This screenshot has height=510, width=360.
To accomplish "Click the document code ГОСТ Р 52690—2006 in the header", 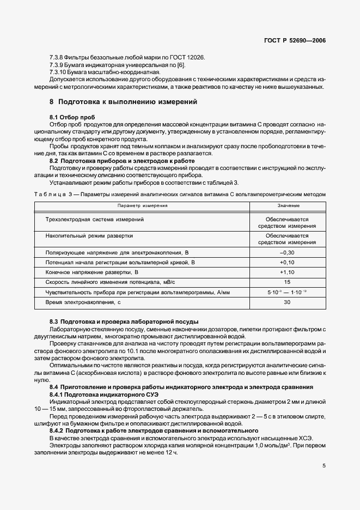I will click(x=295, y=40).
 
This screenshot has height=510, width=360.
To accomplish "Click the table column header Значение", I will click(x=287, y=205).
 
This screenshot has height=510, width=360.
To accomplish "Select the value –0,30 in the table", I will click(x=287, y=253).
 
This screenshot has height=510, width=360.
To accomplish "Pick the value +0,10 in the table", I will click(x=287, y=262).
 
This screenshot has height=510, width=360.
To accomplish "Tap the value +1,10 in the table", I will click(x=287, y=272).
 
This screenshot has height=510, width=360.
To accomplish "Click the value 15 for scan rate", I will click(x=287, y=282).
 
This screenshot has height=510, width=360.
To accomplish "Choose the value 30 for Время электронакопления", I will click(x=287, y=302).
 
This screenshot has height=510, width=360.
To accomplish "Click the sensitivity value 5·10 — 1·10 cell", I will click(x=287, y=292).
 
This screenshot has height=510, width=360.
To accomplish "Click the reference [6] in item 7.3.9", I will click(x=182, y=65).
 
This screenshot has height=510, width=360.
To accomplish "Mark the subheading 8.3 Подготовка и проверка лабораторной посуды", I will click(x=124, y=322).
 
